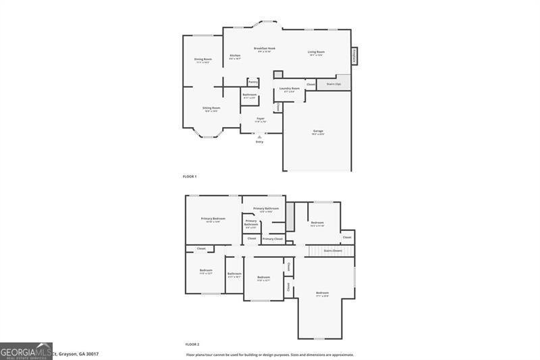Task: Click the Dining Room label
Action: pos(203,59)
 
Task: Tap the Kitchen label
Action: pos(235,56)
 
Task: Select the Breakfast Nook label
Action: pos(265,49)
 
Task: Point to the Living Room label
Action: pos(316,52)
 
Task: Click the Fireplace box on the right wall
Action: pos(354,55)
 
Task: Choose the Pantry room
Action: pos(253,82)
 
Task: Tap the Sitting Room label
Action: pos(211,108)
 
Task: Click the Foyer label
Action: pos(260,118)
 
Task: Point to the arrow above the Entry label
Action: pos(260,136)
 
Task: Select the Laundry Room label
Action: pos(290,88)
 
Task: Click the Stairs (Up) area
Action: pos(333,84)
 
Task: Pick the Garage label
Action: pos(317,131)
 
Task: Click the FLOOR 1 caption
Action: pos(190,176)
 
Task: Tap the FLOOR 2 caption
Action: pos(192,344)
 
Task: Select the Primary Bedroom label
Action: pos(213,219)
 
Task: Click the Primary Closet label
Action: pos(273,238)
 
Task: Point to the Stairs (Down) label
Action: pos(333,251)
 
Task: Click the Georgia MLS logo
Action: pos(26,351)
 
